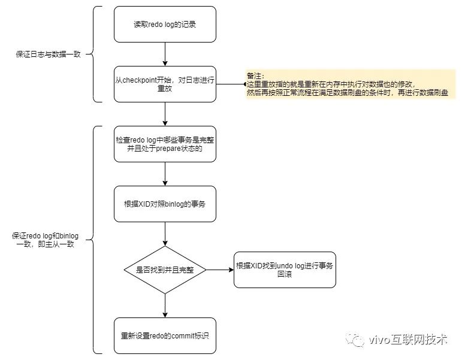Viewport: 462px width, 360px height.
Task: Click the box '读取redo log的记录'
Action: (165, 25)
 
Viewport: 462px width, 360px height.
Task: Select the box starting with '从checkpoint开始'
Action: (165, 84)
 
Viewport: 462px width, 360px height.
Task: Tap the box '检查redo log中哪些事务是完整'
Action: (165, 144)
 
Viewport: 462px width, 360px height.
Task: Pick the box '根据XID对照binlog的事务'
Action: (165, 204)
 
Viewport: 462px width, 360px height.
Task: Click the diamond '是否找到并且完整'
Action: (165, 270)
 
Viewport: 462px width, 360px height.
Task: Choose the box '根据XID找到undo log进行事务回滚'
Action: (285, 270)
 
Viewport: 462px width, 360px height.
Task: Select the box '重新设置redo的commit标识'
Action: (165, 335)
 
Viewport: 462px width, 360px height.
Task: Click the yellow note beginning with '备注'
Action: (351, 84)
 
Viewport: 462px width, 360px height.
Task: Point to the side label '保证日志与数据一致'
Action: (47, 54)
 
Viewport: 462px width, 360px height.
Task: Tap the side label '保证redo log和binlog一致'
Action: (45, 240)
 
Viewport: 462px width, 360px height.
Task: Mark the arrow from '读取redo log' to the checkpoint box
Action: (165, 54)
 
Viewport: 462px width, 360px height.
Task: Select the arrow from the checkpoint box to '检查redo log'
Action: (165, 114)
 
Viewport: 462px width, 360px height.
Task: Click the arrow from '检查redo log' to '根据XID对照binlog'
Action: (165, 174)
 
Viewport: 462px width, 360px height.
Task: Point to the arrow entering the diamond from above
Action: (165, 234)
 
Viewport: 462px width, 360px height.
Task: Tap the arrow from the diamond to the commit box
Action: (165, 305)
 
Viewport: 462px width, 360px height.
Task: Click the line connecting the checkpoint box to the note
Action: (231, 84)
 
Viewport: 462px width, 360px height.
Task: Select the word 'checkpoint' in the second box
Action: (143, 80)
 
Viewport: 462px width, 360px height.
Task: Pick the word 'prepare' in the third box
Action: (170, 149)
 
